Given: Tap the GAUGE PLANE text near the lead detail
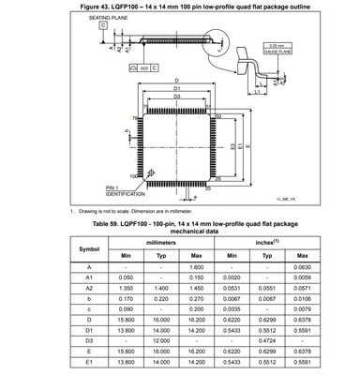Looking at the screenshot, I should point(276,52).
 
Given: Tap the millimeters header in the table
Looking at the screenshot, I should point(162,240).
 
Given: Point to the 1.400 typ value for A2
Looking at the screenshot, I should point(163,289).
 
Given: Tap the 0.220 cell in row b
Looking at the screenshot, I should point(163,299).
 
